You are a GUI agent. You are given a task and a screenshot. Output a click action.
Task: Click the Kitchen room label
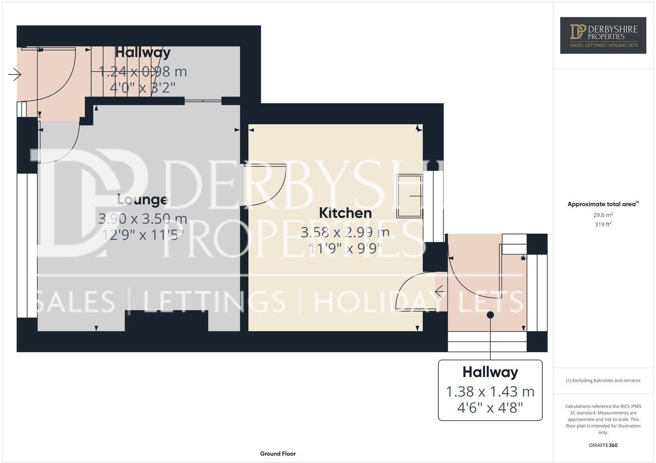345,213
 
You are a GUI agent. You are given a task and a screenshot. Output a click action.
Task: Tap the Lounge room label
142,200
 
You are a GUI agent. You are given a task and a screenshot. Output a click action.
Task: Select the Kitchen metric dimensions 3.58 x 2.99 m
345,232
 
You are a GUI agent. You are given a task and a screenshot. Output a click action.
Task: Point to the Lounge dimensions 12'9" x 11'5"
142,235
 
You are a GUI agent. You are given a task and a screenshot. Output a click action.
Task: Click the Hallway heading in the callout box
490,373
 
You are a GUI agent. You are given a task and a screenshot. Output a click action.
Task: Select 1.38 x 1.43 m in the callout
490,391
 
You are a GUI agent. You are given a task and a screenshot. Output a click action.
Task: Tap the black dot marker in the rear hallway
490,315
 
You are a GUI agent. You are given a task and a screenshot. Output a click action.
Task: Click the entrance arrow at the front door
15,74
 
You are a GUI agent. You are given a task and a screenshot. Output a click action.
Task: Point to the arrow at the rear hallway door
441,292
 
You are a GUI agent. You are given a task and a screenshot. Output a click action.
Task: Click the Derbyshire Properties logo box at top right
603,35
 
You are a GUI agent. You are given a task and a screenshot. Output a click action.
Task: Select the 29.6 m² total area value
603,214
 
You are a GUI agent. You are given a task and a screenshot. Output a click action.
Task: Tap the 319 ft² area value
603,224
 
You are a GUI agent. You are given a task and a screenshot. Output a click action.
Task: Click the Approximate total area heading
603,204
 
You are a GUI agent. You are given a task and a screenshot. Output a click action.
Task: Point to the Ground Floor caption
277,454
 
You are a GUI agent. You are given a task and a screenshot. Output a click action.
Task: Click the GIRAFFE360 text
603,445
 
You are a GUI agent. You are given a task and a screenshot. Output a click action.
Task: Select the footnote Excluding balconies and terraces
603,380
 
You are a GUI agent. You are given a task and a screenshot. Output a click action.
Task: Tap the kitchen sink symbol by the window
410,196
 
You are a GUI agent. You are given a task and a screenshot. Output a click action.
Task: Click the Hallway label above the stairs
142,52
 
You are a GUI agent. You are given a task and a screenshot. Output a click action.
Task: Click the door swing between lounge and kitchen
265,185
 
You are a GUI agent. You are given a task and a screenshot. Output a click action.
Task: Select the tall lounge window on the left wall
27,246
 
